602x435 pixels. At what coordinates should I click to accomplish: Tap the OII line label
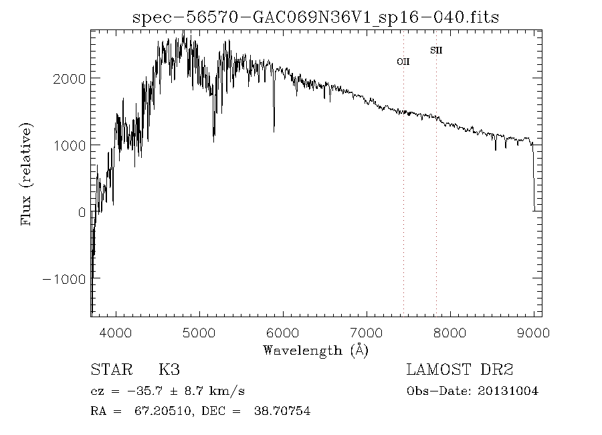pos(403,62)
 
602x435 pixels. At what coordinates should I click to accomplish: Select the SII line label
pos(436,50)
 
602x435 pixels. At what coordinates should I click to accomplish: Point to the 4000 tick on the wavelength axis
pos(116,332)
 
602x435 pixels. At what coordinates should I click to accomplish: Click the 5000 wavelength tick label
pos(200,332)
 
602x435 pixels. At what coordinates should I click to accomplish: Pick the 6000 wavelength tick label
pos(283,332)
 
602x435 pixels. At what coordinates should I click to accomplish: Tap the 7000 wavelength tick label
pos(367,332)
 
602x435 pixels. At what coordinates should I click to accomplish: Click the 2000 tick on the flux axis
pos(70,79)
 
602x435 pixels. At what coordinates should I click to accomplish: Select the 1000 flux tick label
pos(70,145)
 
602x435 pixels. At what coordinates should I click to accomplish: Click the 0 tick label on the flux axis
pos(82,212)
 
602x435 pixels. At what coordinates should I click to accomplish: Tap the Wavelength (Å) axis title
pos(316,350)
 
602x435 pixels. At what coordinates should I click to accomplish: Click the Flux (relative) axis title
pos(27,174)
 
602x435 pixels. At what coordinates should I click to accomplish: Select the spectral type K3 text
pos(169,370)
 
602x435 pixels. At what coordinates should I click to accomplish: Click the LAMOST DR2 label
pos(460,370)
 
